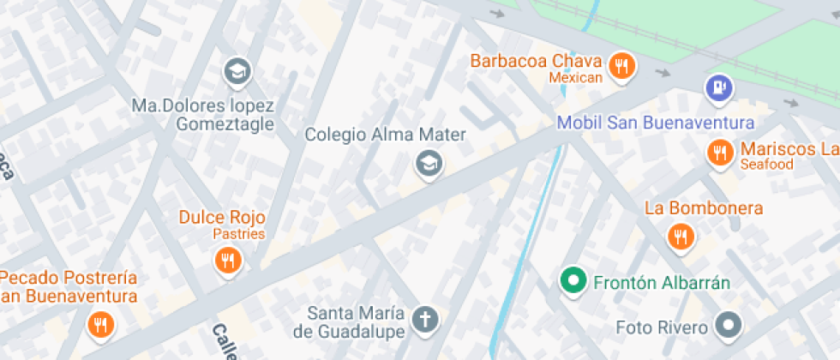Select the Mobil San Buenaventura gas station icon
click(x=718, y=87)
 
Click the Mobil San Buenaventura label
click(x=656, y=123)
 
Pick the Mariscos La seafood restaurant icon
click(x=719, y=153)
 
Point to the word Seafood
click(x=767, y=165)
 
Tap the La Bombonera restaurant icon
click(x=681, y=237)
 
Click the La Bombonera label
click(x=704, y=208)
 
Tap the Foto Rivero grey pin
click(x=729, y=325)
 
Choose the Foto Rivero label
click(x=662, y=327)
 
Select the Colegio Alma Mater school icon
click(x=427, y=162)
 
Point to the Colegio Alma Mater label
click(x=386, y=135)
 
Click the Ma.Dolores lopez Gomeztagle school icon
click(x=236, y=71)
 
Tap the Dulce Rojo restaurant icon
click(x=228, y=260)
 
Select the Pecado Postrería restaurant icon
click(x=101, y=324)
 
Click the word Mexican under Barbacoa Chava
click(x=576, y=78)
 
